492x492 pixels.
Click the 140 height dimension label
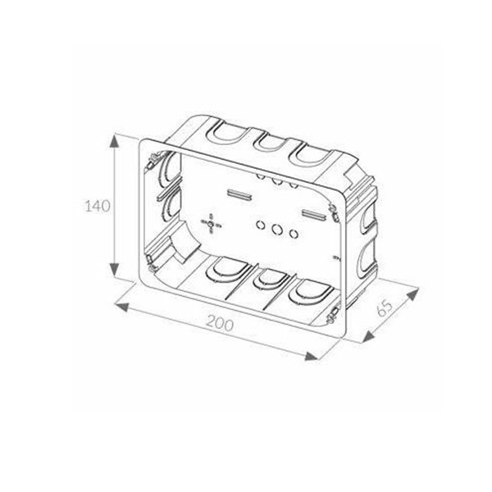[98, 206]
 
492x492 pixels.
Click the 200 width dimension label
[220, 323]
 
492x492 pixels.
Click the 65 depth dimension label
[385, 308]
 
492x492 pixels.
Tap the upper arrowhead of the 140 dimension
[114, 142]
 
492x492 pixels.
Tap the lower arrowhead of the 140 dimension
[114, 269]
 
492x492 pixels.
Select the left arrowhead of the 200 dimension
[121, 307]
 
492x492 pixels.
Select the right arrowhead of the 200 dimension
[312, 356]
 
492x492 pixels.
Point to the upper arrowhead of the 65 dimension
[412, 294]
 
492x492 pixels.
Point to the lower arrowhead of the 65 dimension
[368, 336]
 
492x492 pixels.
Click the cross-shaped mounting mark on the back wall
[211, 224]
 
